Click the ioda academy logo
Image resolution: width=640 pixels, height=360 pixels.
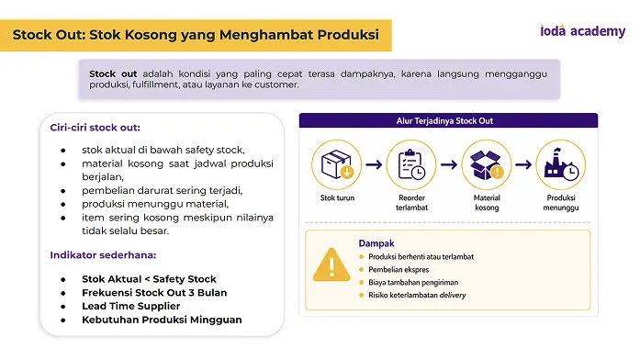pos(582,31)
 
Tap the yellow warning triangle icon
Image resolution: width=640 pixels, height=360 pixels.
pos(331,264)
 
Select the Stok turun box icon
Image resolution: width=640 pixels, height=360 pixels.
pos(337,164)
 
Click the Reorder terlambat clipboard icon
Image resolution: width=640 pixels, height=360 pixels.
pos(411,164)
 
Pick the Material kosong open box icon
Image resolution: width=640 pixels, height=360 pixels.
pos(487,164)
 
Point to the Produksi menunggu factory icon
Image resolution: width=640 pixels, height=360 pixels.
pos(561,164)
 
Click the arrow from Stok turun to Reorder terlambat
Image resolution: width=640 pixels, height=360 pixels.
pos(374,164)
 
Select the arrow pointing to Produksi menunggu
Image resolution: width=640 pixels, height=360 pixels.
pos(523,164)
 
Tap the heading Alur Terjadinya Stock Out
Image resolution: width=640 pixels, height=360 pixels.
pos(444,121)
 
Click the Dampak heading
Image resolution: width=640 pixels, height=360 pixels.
pos(376,243)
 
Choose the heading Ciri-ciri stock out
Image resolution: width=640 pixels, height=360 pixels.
pos(95,128)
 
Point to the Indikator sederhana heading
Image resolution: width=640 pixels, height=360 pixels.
pos(103,255)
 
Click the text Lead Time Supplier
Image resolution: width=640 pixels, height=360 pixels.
pos(131,306)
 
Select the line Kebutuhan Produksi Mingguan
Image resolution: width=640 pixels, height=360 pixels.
pos(162,320)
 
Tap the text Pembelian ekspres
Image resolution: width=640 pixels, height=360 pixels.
pos(399,269)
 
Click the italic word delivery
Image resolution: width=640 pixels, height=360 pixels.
pos(453,295)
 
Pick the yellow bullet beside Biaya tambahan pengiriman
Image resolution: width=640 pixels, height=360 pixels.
pos(361,283)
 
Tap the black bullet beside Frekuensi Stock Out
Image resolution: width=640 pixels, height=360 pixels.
pos(62,293)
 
